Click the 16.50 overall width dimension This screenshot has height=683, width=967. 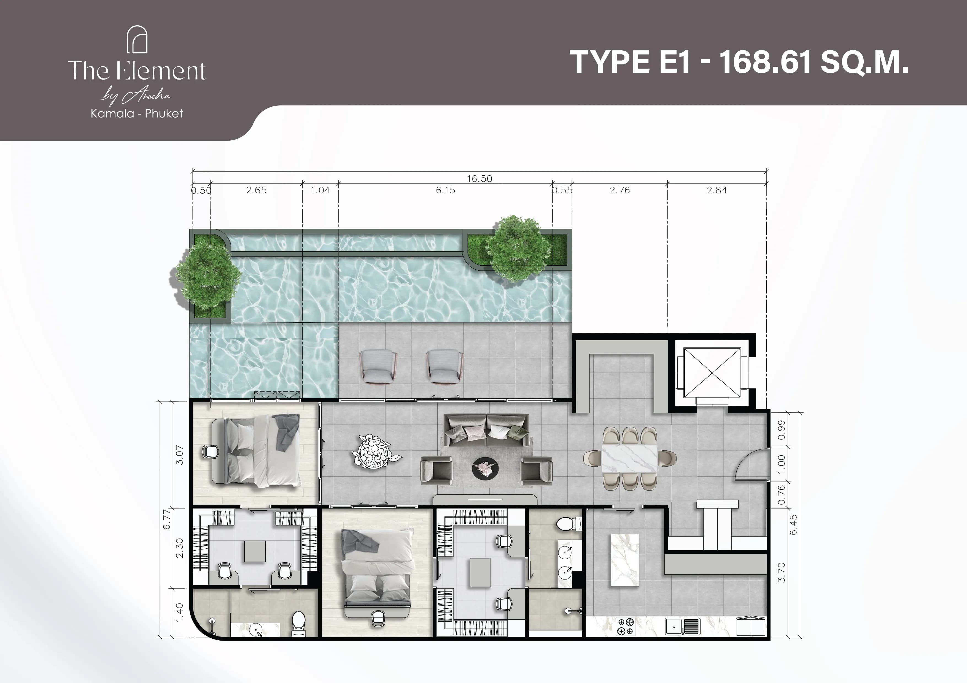click(x=479, y=178)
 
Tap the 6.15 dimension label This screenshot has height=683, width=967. click(x=445, y=190)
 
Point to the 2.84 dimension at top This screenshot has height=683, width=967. click(x=717, y=190)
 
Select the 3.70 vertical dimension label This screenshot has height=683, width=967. click(x=781, y=572)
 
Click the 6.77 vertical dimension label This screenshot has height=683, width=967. click(x=167, y=518)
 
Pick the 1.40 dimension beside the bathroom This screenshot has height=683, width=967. click(x=179, y=612)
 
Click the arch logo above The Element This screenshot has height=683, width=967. click(x=137, y=40)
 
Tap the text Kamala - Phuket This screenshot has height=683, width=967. click(x=137, y=113)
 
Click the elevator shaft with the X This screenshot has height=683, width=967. click(x=712, y=372)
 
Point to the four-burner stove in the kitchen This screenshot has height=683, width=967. click(x=626, y=626)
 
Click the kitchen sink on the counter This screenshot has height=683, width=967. click(x=682, y=626)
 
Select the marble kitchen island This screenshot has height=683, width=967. click(x=625, y=560)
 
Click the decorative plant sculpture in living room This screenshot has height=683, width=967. click(x=374, y=452)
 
